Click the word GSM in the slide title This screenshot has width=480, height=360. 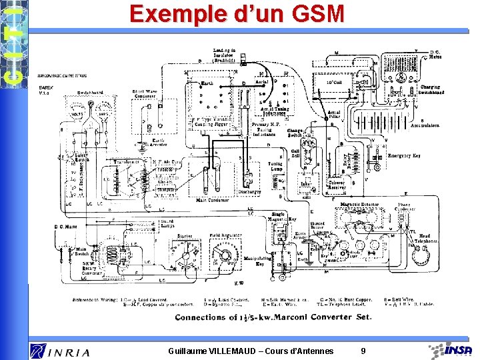tap(313, 14)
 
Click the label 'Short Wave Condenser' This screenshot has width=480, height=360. tap(147, 94)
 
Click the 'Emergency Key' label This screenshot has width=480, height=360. tap(404, 155)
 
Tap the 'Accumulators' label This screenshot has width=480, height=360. tap(425, 125)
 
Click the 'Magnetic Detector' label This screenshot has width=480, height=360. tap(359, 205)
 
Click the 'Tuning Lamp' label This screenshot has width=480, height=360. tap(275, 166)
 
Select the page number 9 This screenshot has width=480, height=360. tap(363, 351)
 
